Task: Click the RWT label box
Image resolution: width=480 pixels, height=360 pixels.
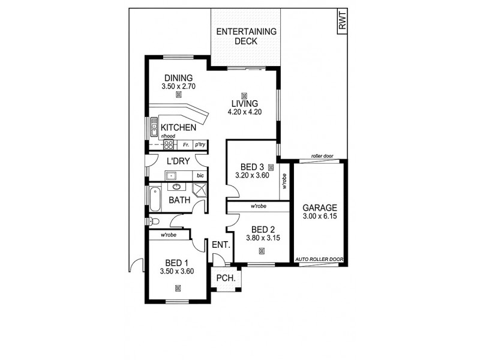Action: coord(343,23)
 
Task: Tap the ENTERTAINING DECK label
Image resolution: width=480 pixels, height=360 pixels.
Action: coord(245,37)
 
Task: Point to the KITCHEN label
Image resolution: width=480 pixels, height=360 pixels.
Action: coord(178,128)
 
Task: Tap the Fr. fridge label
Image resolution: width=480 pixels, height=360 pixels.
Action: coord(187,145)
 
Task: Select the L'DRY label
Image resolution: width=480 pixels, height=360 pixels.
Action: coord(179,161)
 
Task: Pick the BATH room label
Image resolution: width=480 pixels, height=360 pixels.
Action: coord(179,200)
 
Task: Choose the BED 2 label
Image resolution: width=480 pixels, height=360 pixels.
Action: coord(263,229)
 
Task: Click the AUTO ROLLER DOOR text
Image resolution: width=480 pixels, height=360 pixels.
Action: coord(319,259)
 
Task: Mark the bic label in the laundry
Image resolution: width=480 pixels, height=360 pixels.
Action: coord(200,176)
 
